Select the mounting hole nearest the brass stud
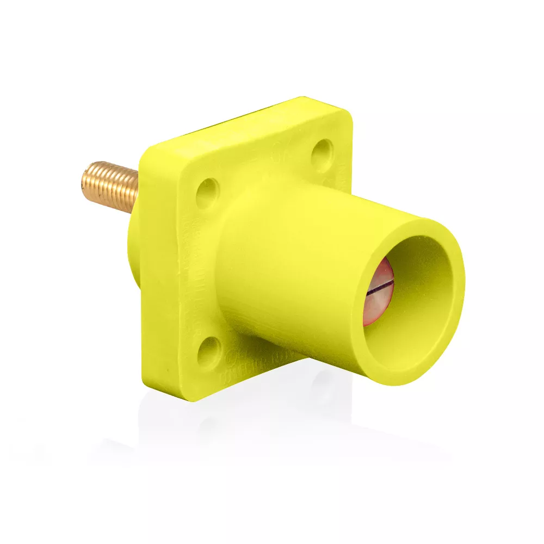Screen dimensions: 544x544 [208, 193]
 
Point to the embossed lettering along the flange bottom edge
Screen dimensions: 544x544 [256, 370]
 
